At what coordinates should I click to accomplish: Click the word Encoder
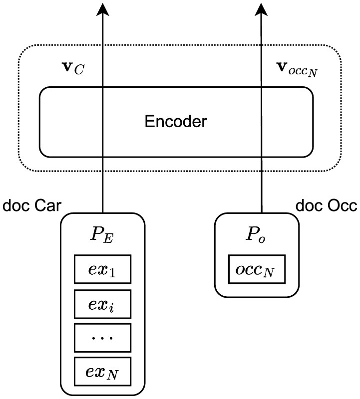click(176, 121)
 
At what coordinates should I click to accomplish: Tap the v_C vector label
click(73, 68)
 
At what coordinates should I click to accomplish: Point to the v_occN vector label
click(297, 69)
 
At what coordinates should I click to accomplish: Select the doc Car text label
click(32, 205)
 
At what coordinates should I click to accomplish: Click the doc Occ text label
click(327, 205)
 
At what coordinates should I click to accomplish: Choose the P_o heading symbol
click(256, 234)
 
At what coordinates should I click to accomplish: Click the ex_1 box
click(103, 269)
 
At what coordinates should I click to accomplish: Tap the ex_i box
click(103, 304)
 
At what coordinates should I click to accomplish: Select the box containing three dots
click(103, 338)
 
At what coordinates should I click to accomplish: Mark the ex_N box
click(103, 372)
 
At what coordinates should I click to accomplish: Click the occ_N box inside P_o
click(257, 269)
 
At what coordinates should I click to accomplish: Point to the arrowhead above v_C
click(102, 9)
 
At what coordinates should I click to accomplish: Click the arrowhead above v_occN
click(261, 9)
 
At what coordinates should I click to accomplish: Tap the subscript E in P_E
click(108, 239)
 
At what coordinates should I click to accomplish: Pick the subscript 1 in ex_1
click(112, 273)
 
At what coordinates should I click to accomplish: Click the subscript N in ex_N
click(112, 375)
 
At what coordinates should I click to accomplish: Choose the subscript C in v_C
click(79, 70)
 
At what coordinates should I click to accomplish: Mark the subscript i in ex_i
click(111, 308)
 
